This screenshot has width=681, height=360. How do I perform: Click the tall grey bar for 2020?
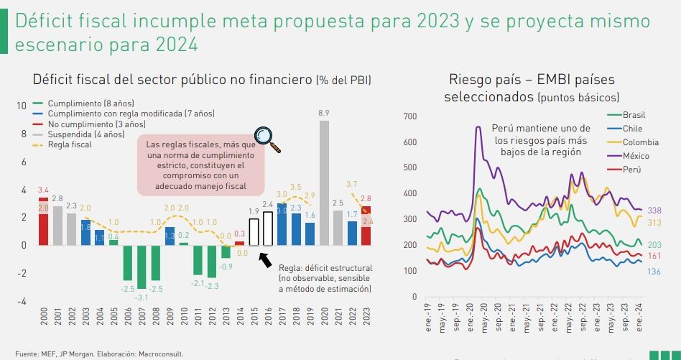324,183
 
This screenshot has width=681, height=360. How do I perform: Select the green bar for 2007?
142,266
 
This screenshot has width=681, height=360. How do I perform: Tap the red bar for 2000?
43,221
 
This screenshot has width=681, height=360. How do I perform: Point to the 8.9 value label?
324,114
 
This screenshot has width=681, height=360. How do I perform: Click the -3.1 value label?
142,297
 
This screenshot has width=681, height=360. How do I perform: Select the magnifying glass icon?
269,139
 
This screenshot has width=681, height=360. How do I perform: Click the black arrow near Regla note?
265,259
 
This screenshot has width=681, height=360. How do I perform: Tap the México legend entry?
635,156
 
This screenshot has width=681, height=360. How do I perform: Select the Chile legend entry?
632,129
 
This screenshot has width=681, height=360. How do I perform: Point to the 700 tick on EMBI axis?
410,116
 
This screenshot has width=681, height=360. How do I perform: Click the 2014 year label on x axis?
240,317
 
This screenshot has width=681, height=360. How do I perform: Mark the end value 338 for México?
654,211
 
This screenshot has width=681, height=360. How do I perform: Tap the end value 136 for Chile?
654,271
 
